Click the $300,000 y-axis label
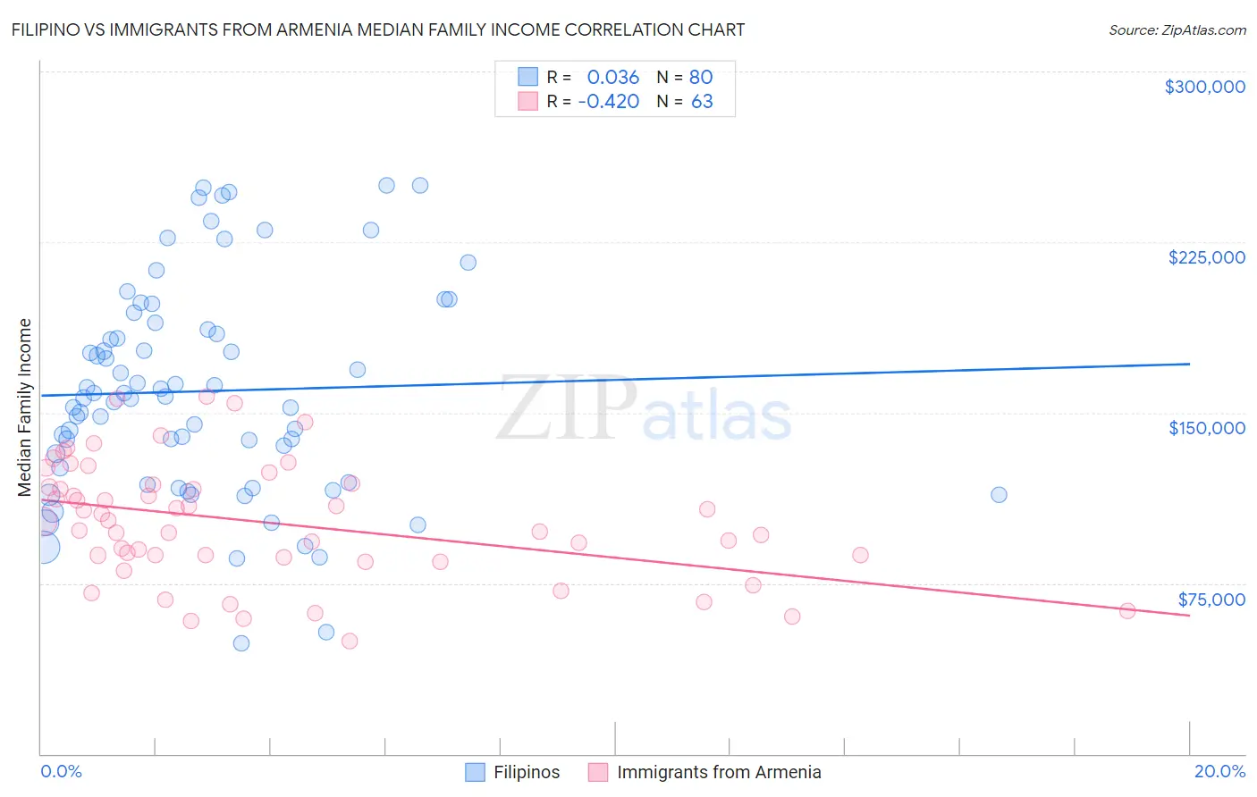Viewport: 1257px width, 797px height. [x=1204, y=87]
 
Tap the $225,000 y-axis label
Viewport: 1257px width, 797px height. [x=1206, y=257]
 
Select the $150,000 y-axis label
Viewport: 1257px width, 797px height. [x=1206, y=428]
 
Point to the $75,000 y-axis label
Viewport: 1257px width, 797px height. [x=1211, y=599]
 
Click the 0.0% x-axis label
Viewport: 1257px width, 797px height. [x=61, y=771]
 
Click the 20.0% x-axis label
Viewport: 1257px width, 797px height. [x=1219, y=771]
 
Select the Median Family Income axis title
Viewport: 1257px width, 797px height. [x=25, y=407]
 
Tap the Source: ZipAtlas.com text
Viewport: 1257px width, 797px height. [x=1177, y=30]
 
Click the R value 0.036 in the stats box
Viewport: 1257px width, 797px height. [x=613, y=78]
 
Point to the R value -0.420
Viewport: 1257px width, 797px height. [x=609, y=102]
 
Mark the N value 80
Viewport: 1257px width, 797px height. [x=701, y=78]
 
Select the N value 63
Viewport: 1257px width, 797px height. [x=702, y=102]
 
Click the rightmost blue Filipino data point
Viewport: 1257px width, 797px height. [x=999, y=495]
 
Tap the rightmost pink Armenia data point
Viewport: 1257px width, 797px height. [x=1127, y=611]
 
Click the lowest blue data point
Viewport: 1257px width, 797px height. [x=240, y=643]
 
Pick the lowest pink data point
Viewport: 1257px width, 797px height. [x=350, y=642]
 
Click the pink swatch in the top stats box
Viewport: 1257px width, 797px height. [x=527, y=101]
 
